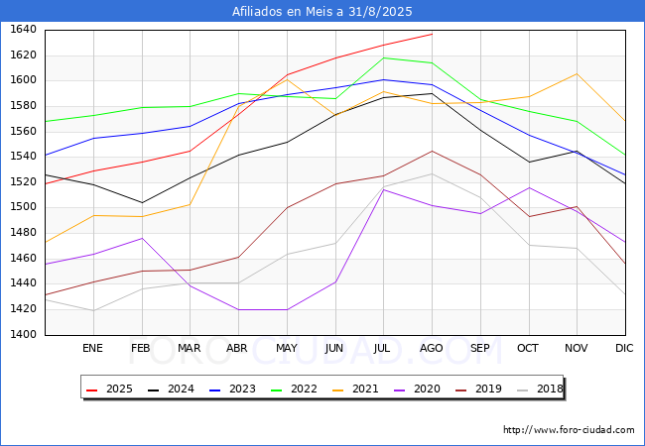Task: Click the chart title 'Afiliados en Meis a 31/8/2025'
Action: (x=322, y=12)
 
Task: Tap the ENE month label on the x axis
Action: (x=92, y=349)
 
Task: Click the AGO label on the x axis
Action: (x=432, y=349)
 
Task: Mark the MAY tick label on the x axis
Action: (x=287, y=349)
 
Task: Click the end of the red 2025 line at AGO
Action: (x=432, y=34)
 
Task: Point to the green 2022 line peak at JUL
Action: (x=383, y=57)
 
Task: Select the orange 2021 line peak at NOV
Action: (x=577, y=73)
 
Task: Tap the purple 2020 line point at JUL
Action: (x=383, y=189)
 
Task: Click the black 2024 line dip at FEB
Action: (x=141, y=203)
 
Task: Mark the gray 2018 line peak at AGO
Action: (x=432, y=174)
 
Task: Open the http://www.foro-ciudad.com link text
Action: (x=569, y=430)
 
